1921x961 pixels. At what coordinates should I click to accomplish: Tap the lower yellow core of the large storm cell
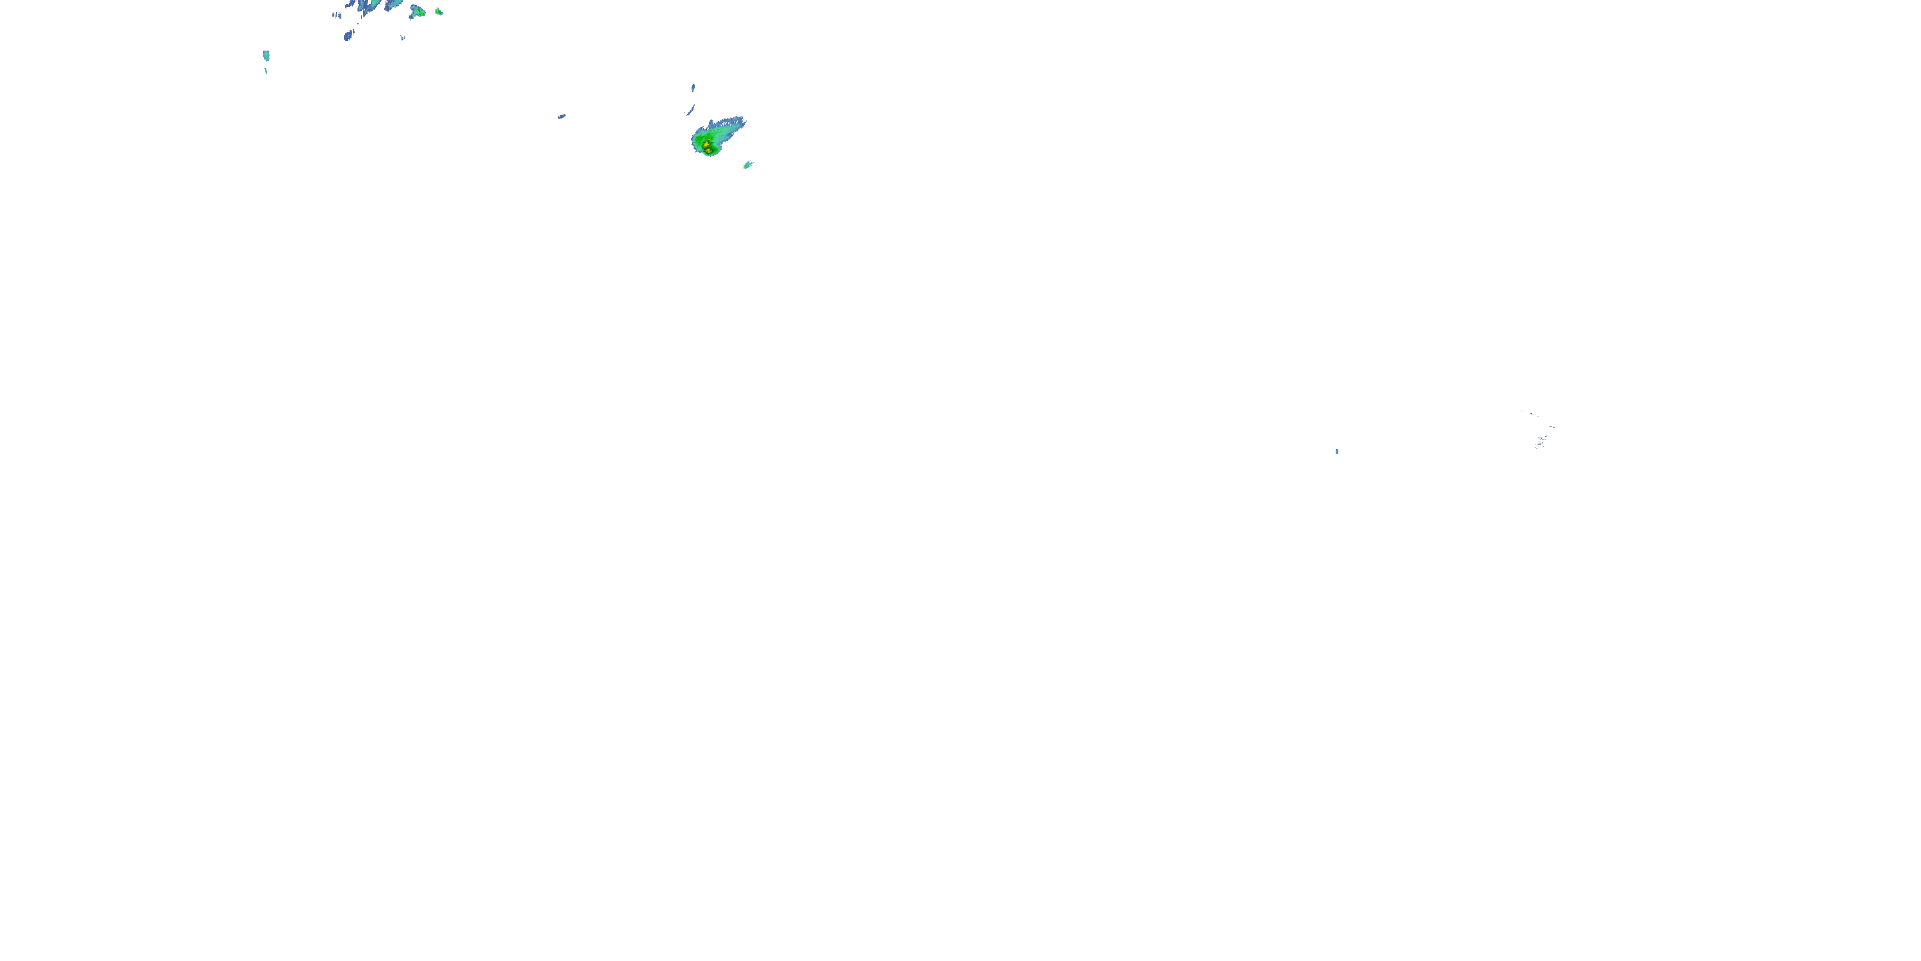(708, 150)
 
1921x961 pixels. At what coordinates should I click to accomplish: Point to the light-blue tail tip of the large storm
(742, 119)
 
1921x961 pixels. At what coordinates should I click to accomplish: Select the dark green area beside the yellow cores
(699, 141)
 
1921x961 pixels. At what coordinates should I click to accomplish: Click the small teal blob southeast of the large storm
(748, 165)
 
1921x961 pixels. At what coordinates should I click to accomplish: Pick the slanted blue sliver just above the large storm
(690, 110)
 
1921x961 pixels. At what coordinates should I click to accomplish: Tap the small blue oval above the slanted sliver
(693, 87)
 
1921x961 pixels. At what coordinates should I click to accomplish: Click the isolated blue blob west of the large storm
(562, 117)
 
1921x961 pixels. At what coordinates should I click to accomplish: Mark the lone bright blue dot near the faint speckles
(1336, 452)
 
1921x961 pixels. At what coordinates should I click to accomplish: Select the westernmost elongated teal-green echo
(266, 55)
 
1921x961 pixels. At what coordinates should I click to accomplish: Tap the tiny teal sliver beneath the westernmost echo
(266, 72)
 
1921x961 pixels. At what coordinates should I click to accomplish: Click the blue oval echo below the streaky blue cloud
(348, 35)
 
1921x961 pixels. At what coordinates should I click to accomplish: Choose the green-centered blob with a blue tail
(417, 11)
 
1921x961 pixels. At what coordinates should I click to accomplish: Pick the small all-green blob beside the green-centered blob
(439, 11)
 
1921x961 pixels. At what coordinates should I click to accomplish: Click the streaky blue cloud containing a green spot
(371, 5)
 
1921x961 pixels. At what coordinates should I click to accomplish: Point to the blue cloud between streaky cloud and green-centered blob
(395, 4)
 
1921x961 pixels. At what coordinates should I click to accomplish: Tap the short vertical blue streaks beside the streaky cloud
(337, 15)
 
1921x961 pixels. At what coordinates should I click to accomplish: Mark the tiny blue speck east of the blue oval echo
(403, 37)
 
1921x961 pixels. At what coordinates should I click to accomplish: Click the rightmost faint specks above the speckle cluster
(1552, 427)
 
